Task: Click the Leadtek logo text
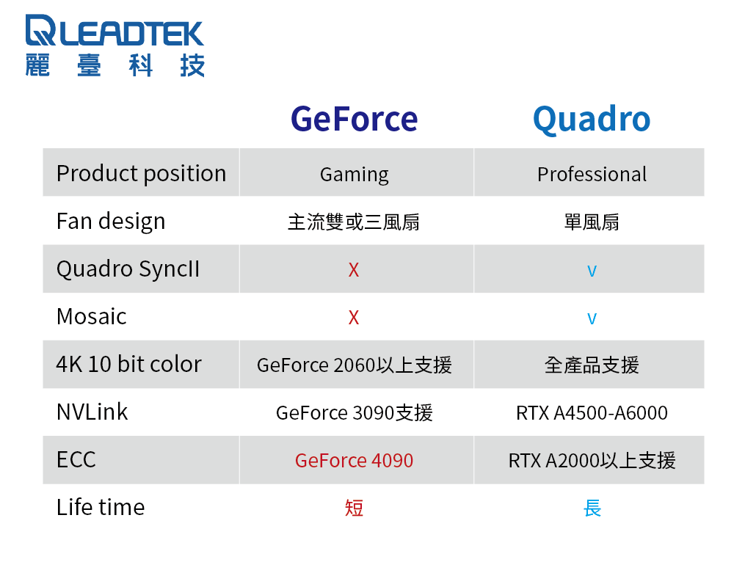[x=115, y=30]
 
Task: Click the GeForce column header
[x=354, y=119]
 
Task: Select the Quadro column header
[x=592, y=120]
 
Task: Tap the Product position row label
[x=142, y=174]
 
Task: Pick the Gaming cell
[x=354, y=175]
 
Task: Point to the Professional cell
[x=592, y=174]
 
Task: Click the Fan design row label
[x=111, y=222]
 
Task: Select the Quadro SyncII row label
[x=128, y=269]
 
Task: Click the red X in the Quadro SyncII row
[x=354, y=270]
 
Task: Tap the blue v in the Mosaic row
[x=592, y=318]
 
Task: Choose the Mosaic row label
[x=92, y=317]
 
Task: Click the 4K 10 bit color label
[x=128, y=364]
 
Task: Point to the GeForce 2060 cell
[x=355, y=365]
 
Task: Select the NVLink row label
[x=92, y=412]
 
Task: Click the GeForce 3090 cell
[x=355, y=413]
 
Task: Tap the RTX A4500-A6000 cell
[x=592, y=413]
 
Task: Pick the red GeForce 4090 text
[x=355, y=461]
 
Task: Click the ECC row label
[x=76, y=459]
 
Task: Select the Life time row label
[x=101, y=507]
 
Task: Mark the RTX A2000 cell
[x=592, y=461]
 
